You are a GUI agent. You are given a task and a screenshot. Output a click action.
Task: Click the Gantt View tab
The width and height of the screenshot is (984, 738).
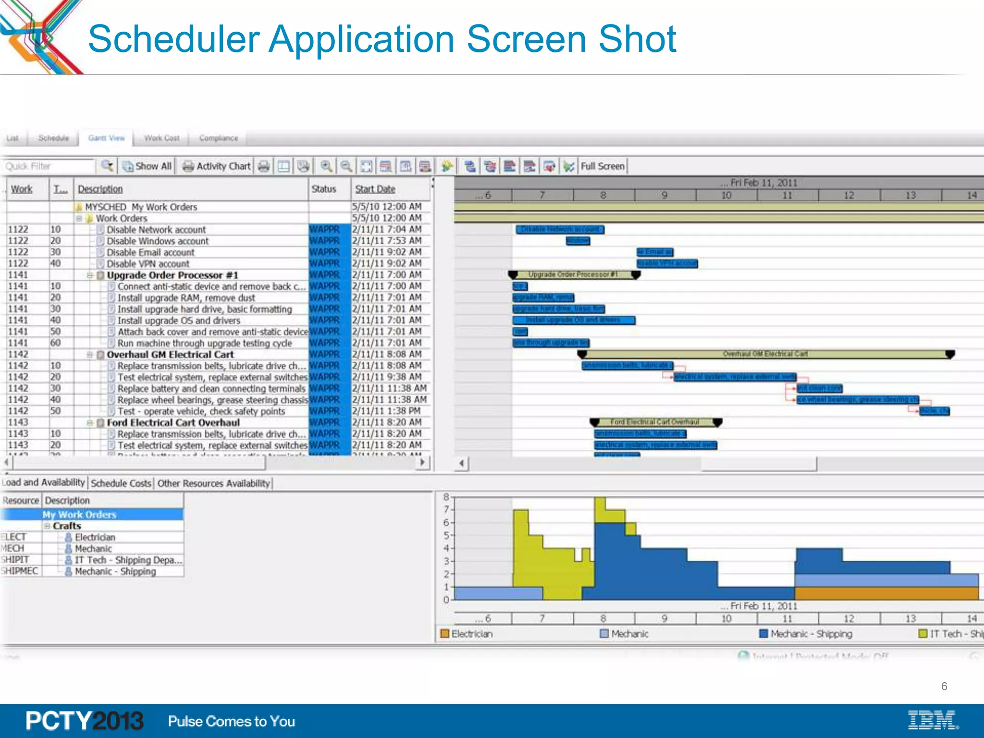click(x=106, y=138)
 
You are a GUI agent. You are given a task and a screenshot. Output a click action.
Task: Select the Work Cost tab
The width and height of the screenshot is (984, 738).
click(x=162, y=138)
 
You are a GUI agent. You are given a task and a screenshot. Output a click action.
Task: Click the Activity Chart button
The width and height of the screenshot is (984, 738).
click(x=217, y=166)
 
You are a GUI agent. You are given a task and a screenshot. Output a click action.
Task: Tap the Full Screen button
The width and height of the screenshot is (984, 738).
click(x=603, y=166)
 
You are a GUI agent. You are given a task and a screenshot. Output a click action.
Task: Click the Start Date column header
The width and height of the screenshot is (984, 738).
click(x=375, y=189)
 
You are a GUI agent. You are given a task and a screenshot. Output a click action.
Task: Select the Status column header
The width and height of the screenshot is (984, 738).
click(x=324, y=189)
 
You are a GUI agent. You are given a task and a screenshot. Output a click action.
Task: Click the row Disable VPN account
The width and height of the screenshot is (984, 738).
click(x=148, y=264)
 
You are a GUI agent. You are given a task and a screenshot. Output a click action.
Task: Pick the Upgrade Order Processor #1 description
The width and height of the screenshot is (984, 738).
click(x=172, y=275)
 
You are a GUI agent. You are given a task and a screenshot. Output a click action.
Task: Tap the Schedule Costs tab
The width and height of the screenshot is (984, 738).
click(x=121, y=483)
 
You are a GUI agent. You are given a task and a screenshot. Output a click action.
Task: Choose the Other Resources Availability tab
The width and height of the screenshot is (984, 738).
click(x=214, y=483)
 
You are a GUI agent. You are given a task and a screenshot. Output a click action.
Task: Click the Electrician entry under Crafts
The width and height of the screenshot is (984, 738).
click(x=95, y=537)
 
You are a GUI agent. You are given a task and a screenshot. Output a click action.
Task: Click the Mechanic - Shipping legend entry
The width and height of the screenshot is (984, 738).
click(x=811, y=634)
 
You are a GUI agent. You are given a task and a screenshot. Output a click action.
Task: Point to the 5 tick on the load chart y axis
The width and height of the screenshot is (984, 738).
click(x=446, y=535)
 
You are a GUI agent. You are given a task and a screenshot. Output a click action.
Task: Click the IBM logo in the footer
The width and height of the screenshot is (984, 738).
click(x=933, y=720)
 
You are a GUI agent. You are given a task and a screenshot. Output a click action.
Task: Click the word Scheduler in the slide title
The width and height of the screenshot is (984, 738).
click(x=174, y=39)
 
